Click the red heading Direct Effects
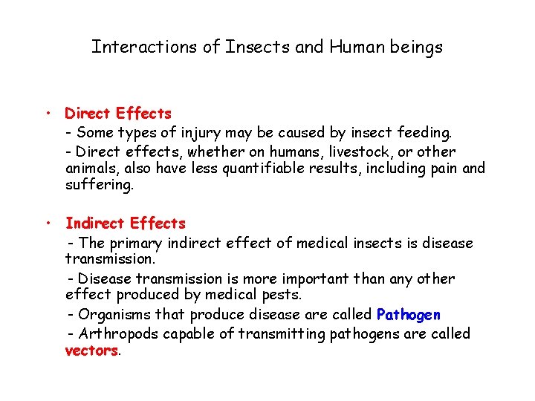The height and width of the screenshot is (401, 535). [118, 114]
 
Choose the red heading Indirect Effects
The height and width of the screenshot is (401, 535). [126, 223]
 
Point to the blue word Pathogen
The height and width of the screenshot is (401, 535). [409, 314]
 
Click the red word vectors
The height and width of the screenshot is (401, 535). [91, 351]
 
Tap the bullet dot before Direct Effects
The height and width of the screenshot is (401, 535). [46, 114]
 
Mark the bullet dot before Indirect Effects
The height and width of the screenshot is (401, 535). [46, 223]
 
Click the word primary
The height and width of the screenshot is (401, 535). [136, 243]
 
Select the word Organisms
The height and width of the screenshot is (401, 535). [113, 314]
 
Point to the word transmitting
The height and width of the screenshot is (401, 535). [282, 333]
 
